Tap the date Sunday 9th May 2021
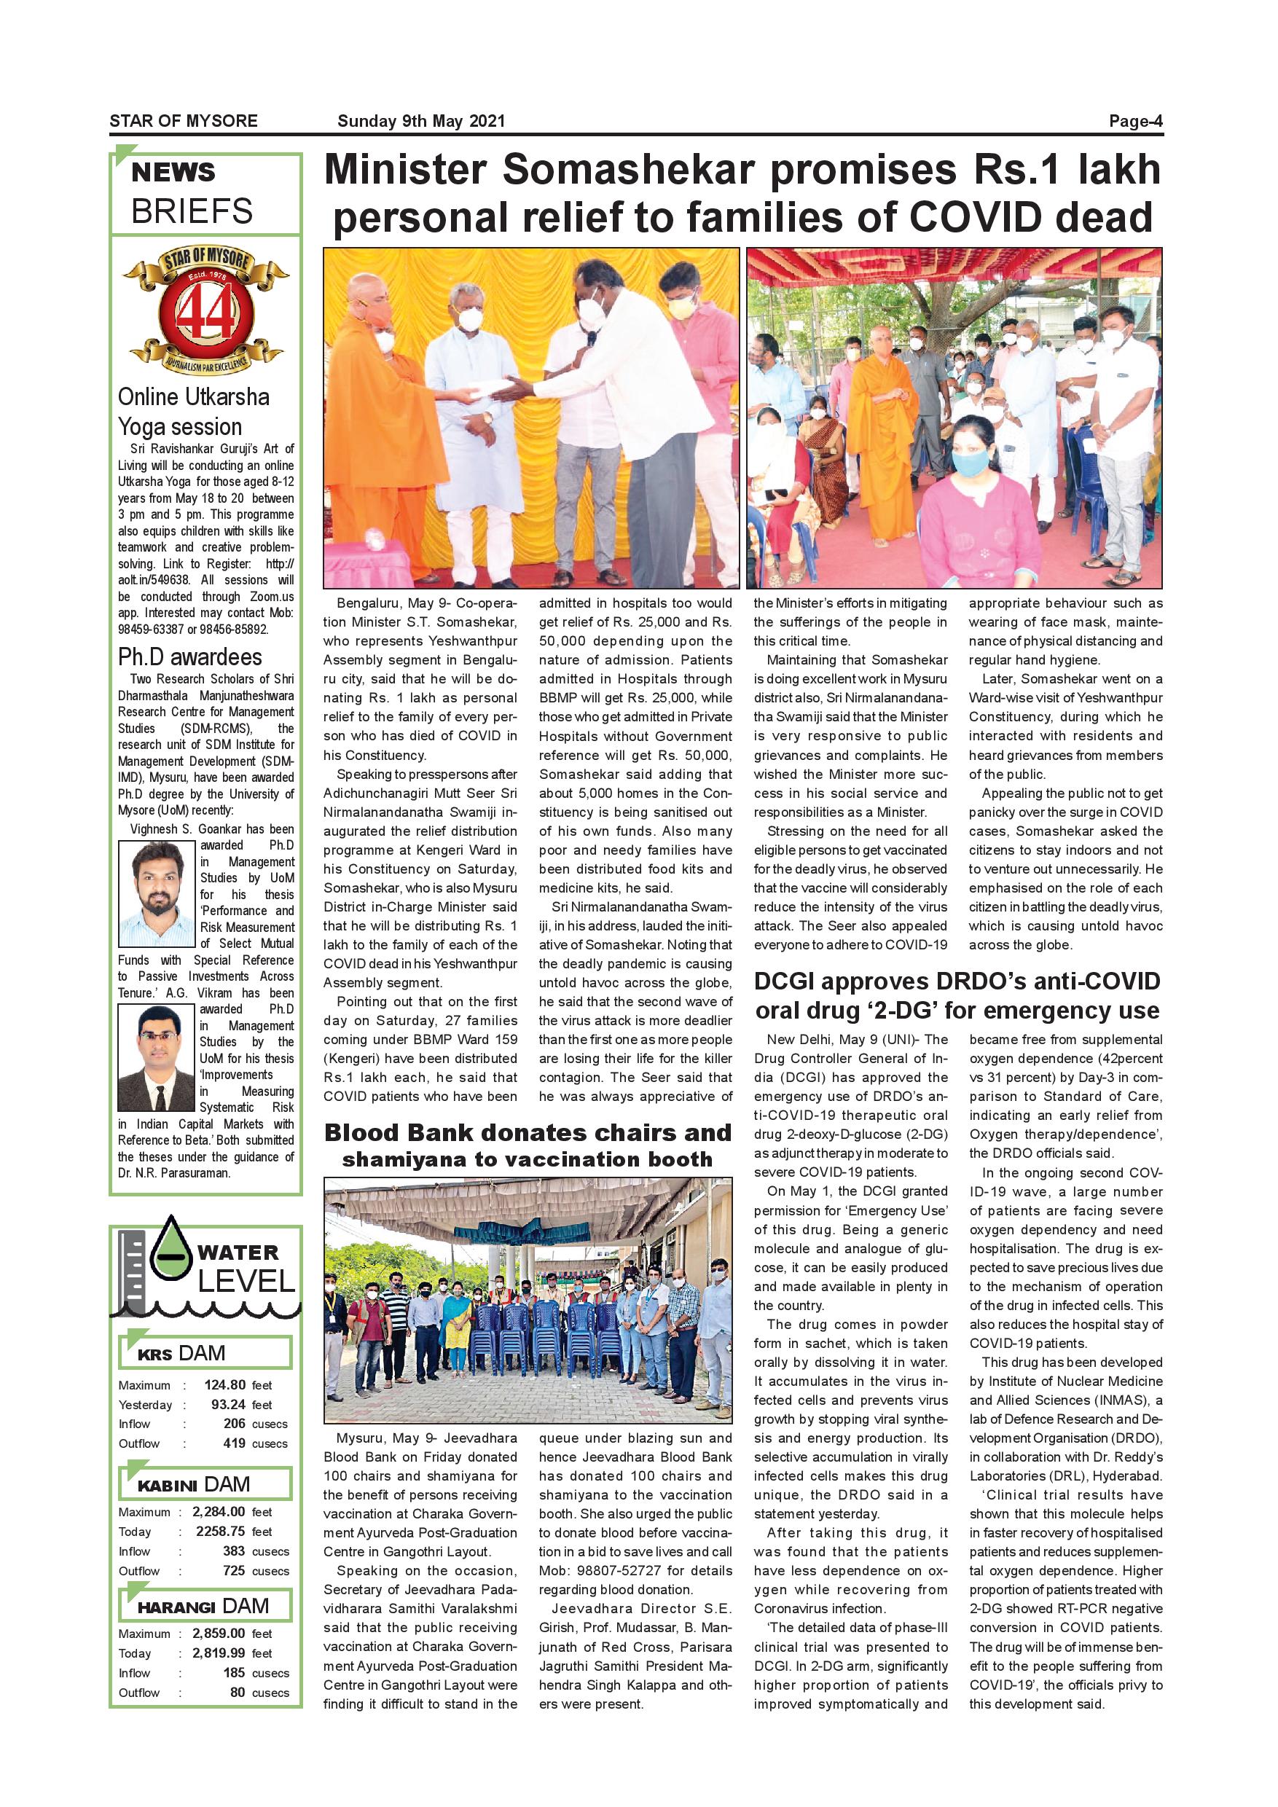tap(421, 121)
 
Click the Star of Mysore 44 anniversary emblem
tap(206, 313)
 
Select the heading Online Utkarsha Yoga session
tap(194, 412)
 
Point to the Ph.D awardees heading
tap(189, 656)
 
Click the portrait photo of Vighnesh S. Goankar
tap(157, 893)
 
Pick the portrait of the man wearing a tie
tap(157, 1058)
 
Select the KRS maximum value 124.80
tap(225, 1385)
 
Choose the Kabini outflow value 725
tap(234, 1570)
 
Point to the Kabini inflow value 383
tap(234, 1551)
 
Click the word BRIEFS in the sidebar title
tap(192, 211)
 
